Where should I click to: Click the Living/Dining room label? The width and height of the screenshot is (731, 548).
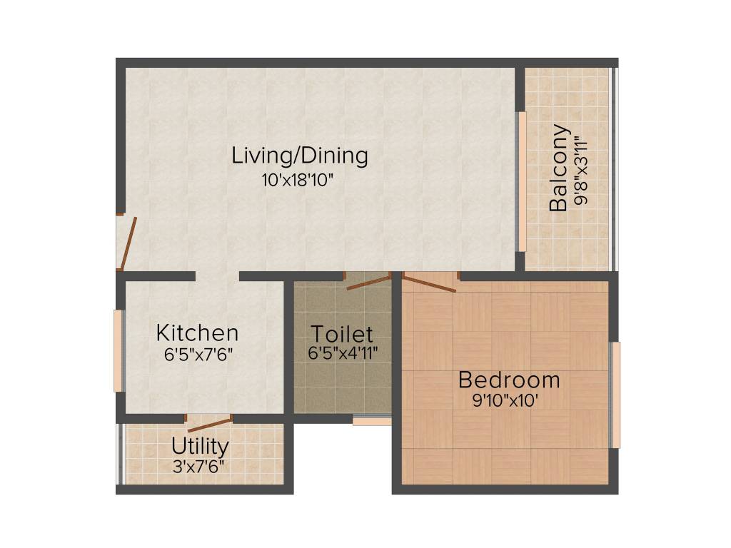pyautogui.click(x=300, y=156)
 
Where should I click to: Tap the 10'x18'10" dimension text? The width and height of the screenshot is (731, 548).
pyautogui.click(x=298, y=180)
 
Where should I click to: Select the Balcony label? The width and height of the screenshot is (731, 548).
pyautogui.click(x=559, y=168)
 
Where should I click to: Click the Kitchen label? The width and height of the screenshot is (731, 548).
pyautogui.click(x=197, y=333)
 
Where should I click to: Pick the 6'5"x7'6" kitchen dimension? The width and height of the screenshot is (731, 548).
pyautogui.click(x=197, y=353)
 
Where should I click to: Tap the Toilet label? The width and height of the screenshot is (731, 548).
pyautogui.click(x=342, y=333)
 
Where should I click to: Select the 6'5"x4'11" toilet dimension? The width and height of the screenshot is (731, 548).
pyautogui.click(x=343, y=352)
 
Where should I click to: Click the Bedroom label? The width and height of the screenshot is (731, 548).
pyautogui.click(x=509, y=380)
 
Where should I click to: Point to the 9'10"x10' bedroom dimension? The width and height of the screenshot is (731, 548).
pyautogui.click(x=505, y=401)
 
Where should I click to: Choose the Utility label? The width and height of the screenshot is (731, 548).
pyautogui.click(x=200, y=447)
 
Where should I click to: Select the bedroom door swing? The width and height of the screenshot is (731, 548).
pyautogui.click(x=429, y=283)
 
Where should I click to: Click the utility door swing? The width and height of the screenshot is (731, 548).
pyautogui.click(x=209, y=424)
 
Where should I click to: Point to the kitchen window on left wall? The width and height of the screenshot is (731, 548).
pyautogui.click(x=118, y=350)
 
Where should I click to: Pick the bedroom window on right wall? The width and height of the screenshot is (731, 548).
pyautogui.click(x=616, y=395)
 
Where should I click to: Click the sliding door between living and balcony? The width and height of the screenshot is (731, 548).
pyautogui.click(x=522, y=182)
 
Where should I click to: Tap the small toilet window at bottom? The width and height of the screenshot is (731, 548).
pyautogui.click(x=372, y=421)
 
